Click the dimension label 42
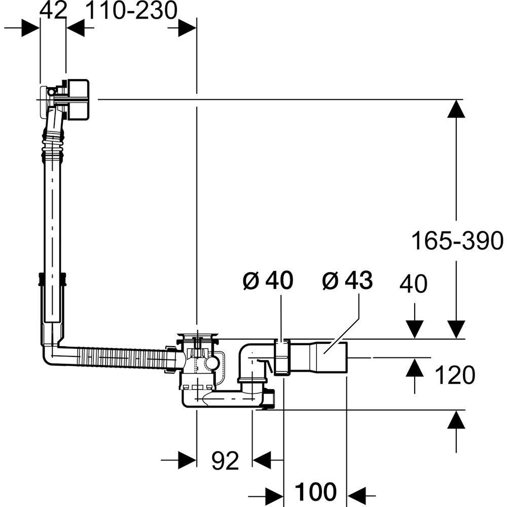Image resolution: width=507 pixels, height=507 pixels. [x=53, y=11]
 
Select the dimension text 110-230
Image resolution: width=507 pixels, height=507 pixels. [x=131, y=11]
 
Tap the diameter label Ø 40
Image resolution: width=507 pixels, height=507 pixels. [x=268, y=280]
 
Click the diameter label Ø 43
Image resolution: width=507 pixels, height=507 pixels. [x=347, y=280]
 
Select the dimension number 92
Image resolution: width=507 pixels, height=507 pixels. [x=225, y=460]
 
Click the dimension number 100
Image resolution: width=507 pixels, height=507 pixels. [x=315, y=491]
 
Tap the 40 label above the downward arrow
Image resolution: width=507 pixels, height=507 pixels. [x=413, y=284]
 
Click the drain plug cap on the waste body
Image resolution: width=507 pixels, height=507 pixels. [x=197, y=335]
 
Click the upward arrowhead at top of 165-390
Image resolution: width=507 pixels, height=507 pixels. [x=456, y=108]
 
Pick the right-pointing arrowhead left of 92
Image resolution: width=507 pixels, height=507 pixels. [x=187, y=460]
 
